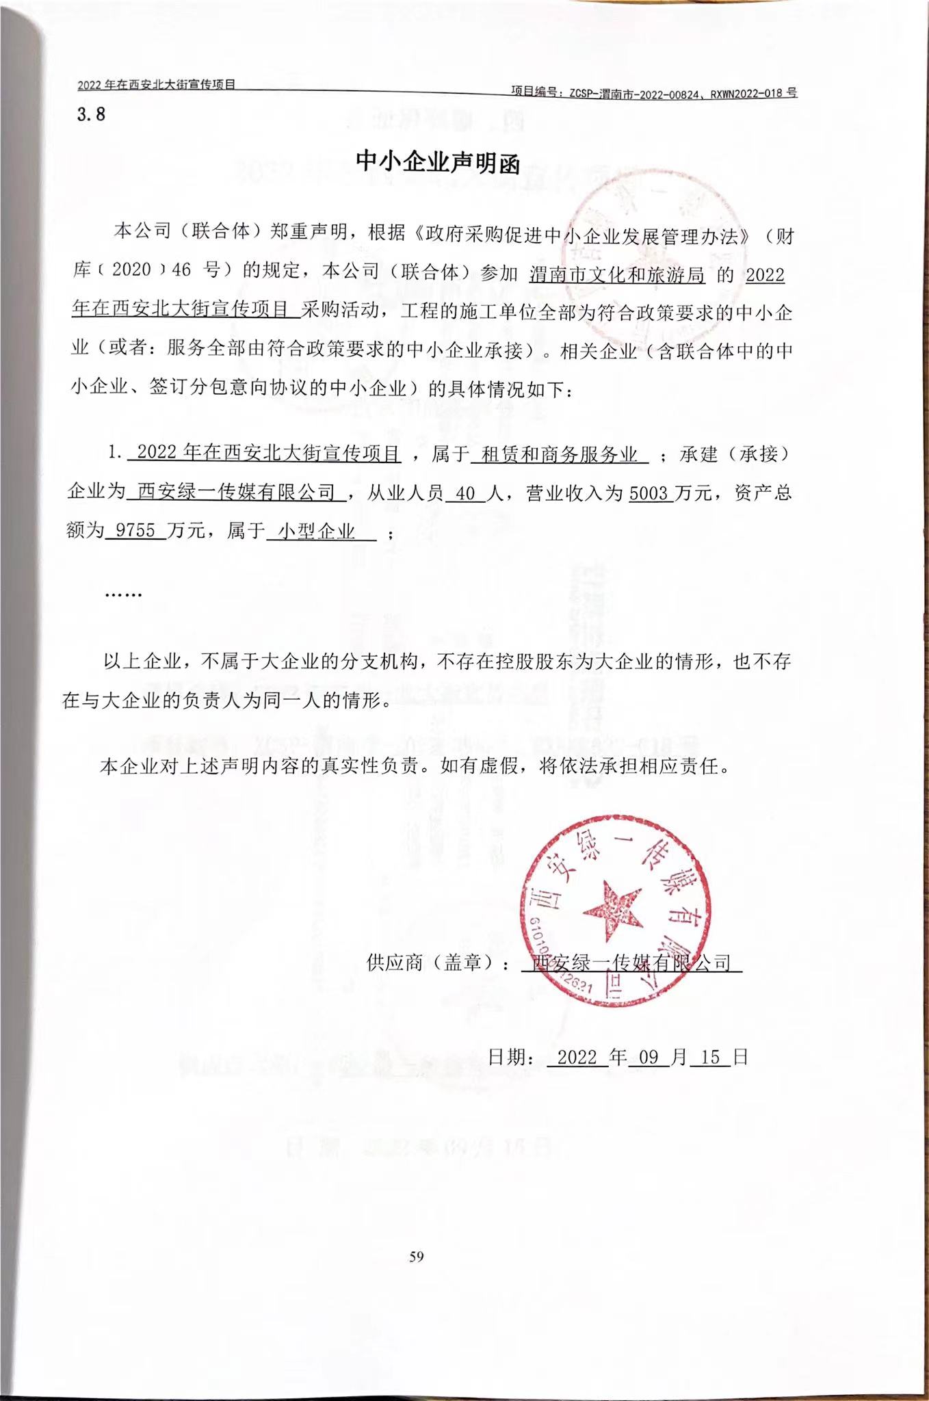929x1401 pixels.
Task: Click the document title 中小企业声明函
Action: pyautogui.click(x=438, y=162)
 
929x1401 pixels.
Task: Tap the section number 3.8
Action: pyautogui.click(x=91, y=114)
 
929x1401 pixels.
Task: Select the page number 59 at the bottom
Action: pyautogui.click(x=417, y=1256)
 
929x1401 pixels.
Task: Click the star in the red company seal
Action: pyautogui.click(x=613, y=911)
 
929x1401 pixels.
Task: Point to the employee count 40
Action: pyautogui.click(x=465, y=493)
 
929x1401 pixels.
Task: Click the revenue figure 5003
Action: pyautogui.click(x=648, y=493)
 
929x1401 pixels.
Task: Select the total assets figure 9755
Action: pyautogui.click(x=136, y=531)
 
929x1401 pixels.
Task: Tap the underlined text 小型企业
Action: pyautogui.click(x=317, y=532)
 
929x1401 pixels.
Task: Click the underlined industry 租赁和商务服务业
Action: pyautogui.click(x=560, y=454)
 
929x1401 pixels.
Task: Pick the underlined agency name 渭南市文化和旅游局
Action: pyautogui.click(x=617, y=275)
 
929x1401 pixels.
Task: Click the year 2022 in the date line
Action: pyautogui.click(x=577, y=1057)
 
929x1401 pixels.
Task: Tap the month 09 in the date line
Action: pyautogui.click(x=647, y=1057)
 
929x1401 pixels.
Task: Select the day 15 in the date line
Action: pyautogui.click(x=710, y=1057)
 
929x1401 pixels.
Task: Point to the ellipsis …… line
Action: pyautogui.click(x=123, y=594)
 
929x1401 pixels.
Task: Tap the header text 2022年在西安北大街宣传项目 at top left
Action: pyautogui.click(x=157, y=85)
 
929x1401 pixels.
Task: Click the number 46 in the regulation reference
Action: pyautogui.click(x=181, y=270)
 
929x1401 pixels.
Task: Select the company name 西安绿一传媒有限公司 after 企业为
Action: pyautogui.click(x=237, y=493)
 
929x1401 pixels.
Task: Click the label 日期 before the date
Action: pyautogui.click(x=508, y=1057)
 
